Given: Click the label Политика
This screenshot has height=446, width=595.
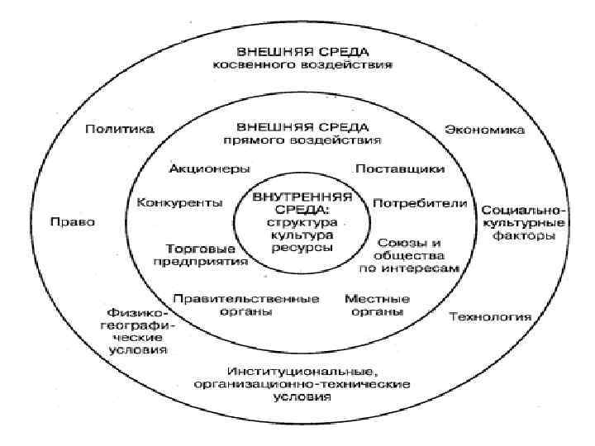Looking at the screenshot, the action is click(120, 129).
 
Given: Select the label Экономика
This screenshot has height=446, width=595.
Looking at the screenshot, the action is click(485, 129).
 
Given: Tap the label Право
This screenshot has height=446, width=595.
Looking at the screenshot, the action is click(72, 222).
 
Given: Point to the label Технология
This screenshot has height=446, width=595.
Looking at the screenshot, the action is click(490, 316).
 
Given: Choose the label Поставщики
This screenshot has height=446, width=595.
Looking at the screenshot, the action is click(400, 168).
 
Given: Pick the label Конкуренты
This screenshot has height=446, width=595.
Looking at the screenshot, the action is click(179, 202).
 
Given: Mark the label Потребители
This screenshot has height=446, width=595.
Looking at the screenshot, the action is click(420, 202).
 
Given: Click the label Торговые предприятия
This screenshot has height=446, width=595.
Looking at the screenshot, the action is click(202, 254).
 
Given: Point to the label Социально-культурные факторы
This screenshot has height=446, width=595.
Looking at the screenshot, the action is click(523, 222).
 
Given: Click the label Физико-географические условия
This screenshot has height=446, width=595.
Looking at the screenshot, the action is click(137, 331).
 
